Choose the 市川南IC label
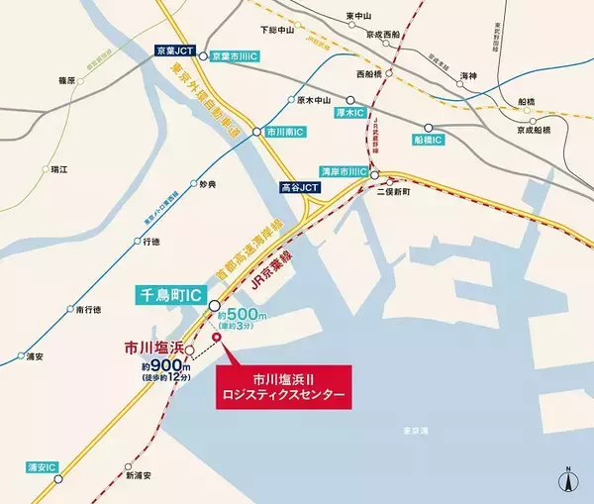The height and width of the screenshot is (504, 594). [x=286, y=131]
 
